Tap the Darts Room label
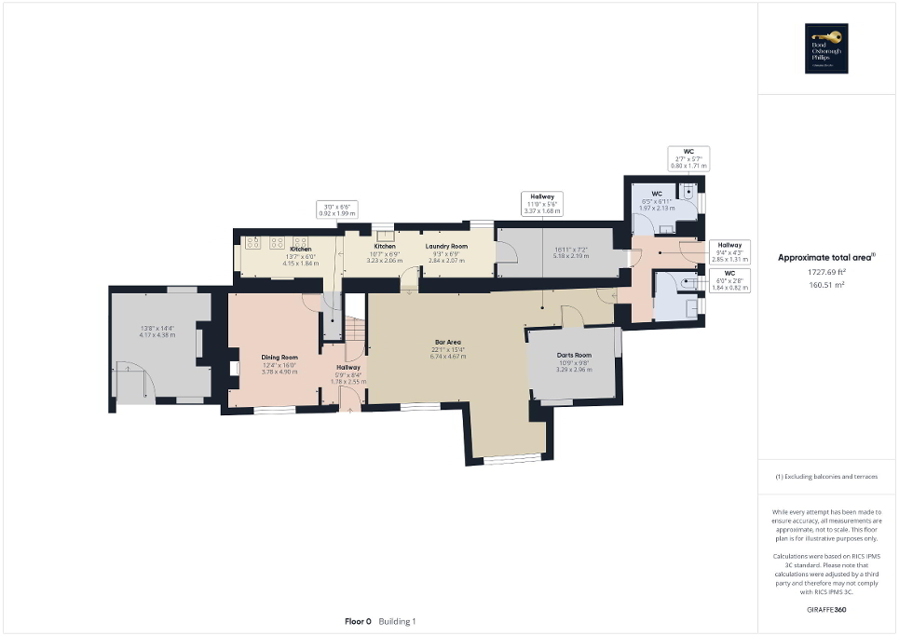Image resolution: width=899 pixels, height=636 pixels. (x=574, y=355)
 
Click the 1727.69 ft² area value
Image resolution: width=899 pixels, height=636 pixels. (x=827, y=273)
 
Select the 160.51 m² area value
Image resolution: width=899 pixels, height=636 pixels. (x=827, y=285)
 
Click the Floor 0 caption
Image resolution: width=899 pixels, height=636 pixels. (x=358, y=621)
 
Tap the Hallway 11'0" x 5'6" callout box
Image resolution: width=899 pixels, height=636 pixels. (x=543, y=204)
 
